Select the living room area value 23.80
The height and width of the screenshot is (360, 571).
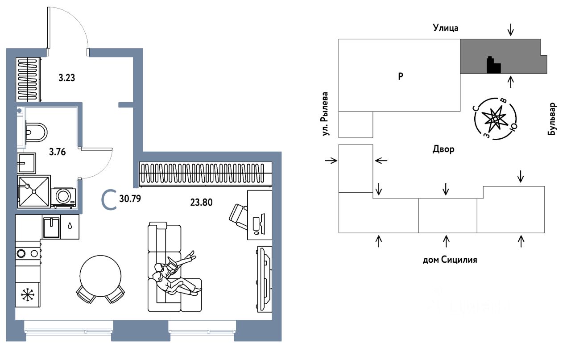pos(201,202)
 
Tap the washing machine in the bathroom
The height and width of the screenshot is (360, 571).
pos(64,197)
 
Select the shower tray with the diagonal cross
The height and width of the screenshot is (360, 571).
pos(34,191)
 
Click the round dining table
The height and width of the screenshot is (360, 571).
pos(100,275)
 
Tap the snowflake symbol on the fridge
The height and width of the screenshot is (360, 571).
pos(28,295)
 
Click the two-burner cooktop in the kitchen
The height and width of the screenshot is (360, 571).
pos(28,253)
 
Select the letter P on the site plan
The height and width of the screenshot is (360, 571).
pos(401,76)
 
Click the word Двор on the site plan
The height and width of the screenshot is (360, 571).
pos(443,149)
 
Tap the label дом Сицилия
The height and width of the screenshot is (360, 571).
pos(450,260)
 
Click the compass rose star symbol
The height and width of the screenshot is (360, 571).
pos(495,118)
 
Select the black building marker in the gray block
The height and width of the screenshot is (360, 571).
pos(493,66)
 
